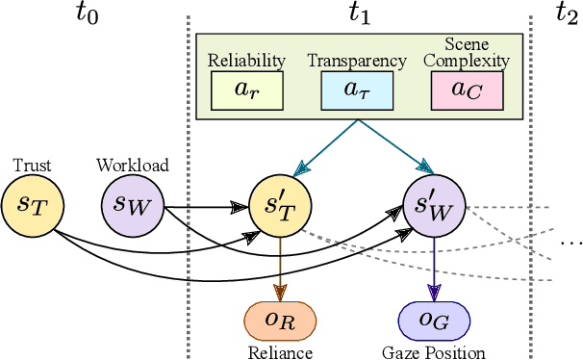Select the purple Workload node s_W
tap(132, 205)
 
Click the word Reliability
tap(246, 61)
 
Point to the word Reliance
tap(280, 351)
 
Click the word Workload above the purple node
tap(132, 165)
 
